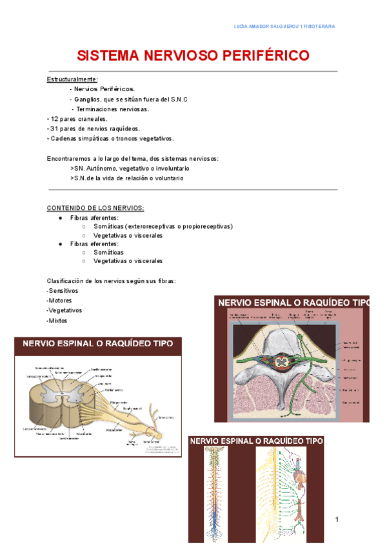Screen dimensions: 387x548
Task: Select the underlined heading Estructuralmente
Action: click(72, 79)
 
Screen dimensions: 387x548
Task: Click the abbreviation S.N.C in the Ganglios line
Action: click(180, 99)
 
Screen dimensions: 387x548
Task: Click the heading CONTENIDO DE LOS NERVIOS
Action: click(95, 207)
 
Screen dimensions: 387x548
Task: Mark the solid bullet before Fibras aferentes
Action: click(60, 218)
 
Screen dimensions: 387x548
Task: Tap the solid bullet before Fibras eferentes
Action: click(60, 244)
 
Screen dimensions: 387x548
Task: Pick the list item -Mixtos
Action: click(57, 321)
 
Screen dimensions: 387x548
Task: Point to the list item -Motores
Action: click(59, 300)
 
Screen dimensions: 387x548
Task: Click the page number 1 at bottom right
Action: click(337, 520)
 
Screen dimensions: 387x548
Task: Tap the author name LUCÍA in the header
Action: click(240, 26)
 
